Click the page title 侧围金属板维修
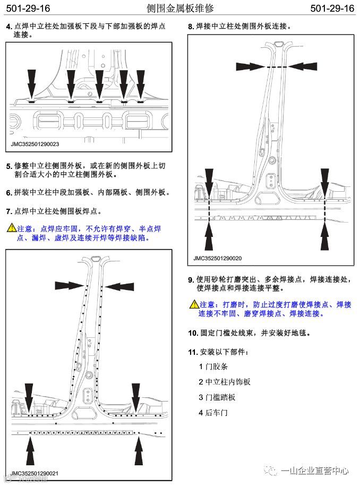point(179,8)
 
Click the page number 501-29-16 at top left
point(28,8)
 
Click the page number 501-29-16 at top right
point(332,8)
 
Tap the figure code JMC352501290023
point(35,143)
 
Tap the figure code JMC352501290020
point(217,258)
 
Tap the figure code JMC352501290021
point(35,473)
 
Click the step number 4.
point(9,27)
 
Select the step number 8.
point(191,26)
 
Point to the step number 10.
point(192,333)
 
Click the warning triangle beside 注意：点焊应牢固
point(11,228)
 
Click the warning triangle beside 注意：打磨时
point(194,304)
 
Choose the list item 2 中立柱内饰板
point(224,382)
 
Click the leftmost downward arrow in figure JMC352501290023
point(31,82)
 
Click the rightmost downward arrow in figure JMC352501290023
point(140,82)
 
